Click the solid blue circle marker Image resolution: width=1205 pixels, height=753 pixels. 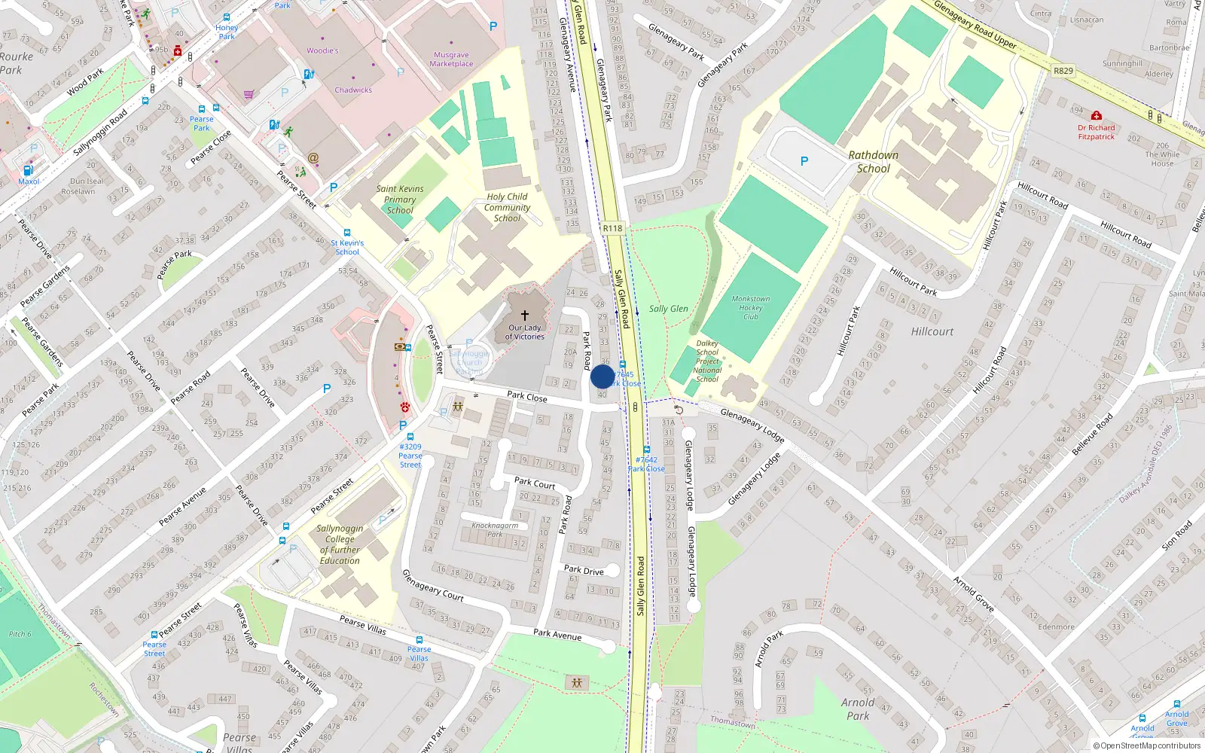[602, 376]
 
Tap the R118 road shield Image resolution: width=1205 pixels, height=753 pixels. [612, 228]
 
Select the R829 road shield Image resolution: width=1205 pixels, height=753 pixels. [1063, 71]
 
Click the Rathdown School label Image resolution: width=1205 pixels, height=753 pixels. [873, 162]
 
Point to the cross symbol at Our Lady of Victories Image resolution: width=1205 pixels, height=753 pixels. [525, 316]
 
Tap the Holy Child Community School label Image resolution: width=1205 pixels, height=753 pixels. [507, 208]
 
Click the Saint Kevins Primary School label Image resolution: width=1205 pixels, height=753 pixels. [400, 200]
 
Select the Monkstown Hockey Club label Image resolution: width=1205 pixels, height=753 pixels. [750, 308]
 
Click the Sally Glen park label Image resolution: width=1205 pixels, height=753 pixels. [668, 309]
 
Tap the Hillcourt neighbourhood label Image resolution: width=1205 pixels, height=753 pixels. [932, 331]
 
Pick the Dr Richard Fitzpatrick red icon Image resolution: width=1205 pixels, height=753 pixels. [1097, 116]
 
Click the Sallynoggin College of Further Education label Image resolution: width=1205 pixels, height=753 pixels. [340, 544]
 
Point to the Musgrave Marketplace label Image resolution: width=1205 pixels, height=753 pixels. [451, 59]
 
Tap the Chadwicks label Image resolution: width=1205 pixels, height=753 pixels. [353, 90]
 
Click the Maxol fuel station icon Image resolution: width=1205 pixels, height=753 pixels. [29, 171]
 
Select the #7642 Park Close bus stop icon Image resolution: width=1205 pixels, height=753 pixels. [646, 450]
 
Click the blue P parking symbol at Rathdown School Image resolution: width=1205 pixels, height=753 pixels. [804, 161]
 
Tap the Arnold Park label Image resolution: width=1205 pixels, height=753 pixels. [858, 709]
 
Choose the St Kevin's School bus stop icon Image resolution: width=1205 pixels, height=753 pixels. [347, 233]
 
